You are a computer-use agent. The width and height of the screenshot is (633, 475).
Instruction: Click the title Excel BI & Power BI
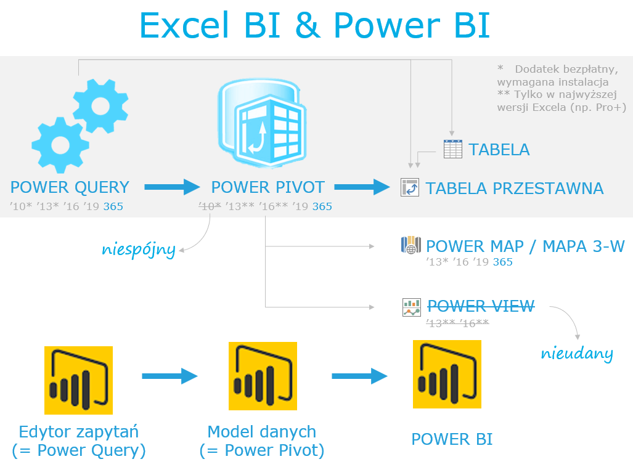tap(314, 25)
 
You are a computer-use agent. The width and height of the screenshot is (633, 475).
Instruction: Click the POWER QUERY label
tap(70, 187)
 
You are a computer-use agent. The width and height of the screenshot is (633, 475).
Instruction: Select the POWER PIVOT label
tap(267, 187)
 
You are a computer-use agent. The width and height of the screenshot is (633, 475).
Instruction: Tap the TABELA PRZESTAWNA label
tap(514, 189)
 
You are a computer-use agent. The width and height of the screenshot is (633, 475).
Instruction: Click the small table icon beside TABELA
tap(452, 149)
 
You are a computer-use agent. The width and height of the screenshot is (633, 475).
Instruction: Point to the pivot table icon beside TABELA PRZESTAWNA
tap(410, 187)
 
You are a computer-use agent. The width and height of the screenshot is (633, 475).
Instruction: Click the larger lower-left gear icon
tap(60, 145)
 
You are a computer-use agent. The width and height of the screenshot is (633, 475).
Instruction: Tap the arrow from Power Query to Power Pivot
tap(172, 187)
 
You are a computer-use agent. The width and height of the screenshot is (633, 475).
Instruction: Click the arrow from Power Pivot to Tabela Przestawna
tap(362, 187)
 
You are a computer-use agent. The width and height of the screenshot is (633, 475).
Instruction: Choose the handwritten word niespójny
tap(139, 250)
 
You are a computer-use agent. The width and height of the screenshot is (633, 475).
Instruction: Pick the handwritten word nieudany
tap(577, 354)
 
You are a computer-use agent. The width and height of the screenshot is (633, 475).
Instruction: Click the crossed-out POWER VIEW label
tap(481, 306)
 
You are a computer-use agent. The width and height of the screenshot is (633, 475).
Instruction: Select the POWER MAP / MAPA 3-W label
tap(525, 246)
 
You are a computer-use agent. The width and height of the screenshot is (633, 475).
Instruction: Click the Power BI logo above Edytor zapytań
tap(78, 380)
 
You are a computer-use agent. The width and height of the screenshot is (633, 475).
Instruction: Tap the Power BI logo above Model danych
tap(263, 376)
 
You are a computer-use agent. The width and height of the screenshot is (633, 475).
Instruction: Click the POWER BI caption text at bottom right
tap(452, 439)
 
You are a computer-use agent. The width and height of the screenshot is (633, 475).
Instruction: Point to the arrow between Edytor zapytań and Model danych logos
tap(169, 376)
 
